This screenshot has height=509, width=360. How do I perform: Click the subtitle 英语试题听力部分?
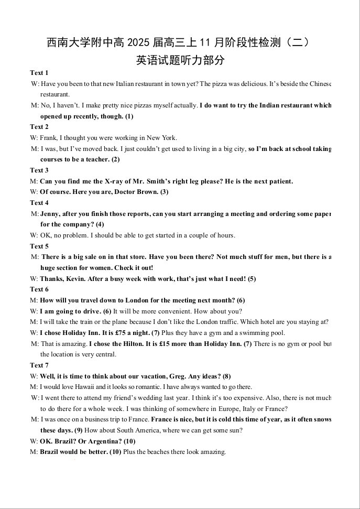coord(180,60)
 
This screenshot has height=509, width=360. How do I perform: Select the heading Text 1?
coord(39,73)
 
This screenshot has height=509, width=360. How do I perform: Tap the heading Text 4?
coord(39,203)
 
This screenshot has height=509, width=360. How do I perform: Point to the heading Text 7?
coord(39,365)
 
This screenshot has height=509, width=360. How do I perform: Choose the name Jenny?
coord(50,214)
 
